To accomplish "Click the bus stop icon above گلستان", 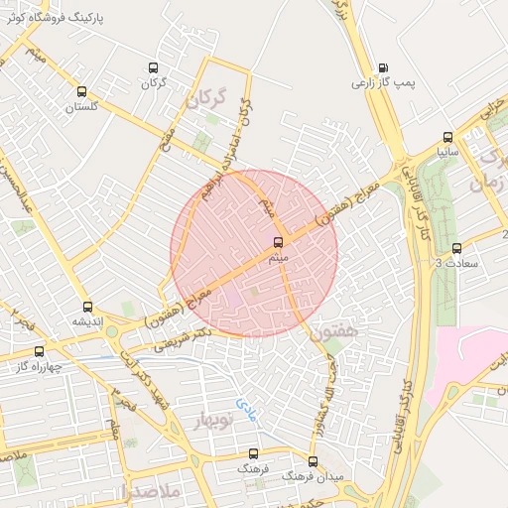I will click(80, 91).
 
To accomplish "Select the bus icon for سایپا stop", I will click(447, 138).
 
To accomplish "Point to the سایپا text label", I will click(447, 153).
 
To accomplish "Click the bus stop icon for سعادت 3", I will click(456, 248).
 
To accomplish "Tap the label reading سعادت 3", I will click(455, 263).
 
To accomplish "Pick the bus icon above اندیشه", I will click(87, 307).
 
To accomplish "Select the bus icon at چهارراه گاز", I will click(40, 350).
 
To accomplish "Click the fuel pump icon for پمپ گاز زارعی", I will click(383, 69).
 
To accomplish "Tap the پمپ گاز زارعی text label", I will click(383, 84).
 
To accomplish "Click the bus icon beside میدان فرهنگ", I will click(313, 461).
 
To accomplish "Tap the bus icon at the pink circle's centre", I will click(277, 241).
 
